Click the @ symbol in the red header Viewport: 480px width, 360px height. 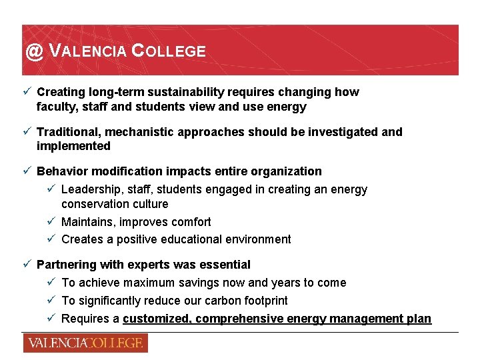(x=34, y=51)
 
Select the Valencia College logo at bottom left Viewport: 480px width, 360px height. (x=85, y=343)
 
